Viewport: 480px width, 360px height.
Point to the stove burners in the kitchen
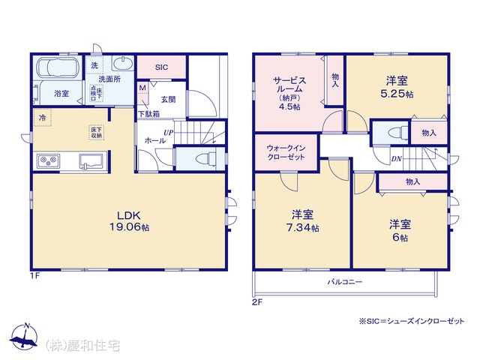coord(49,160)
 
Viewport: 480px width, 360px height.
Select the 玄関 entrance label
coord(167,99)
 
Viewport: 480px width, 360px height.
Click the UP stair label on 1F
coord(169,132)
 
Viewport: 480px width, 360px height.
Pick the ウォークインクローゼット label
coord(285,153)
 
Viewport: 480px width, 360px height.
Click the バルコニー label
coord(344,282)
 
